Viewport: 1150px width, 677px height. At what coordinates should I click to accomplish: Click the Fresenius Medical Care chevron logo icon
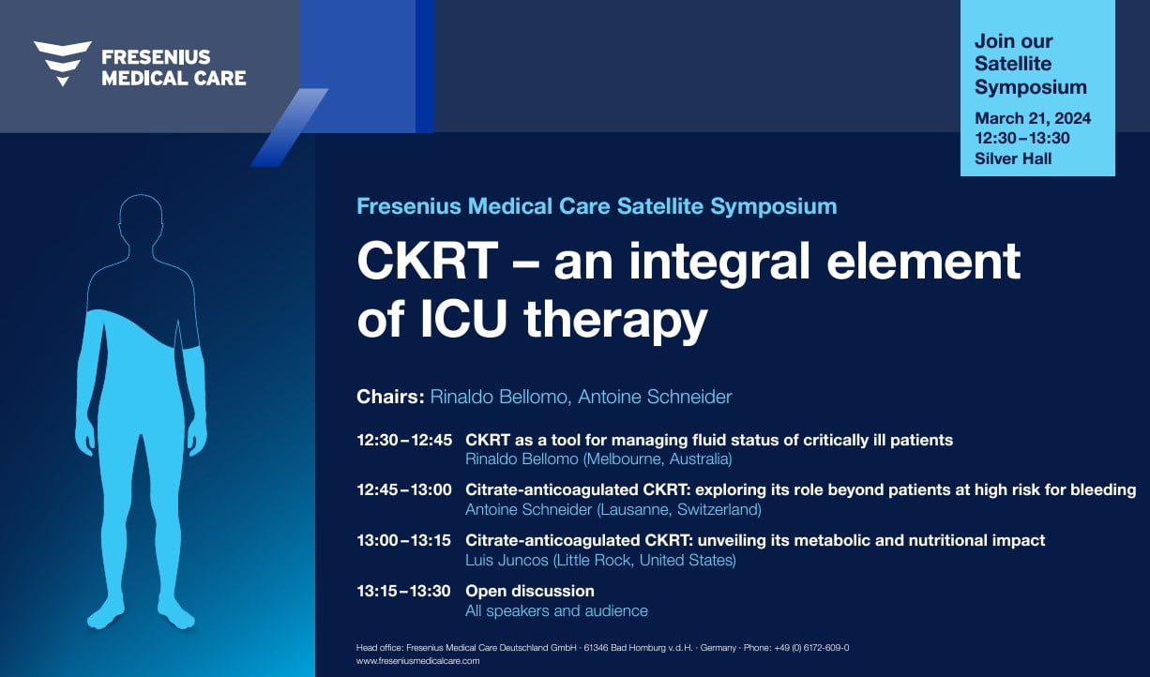click(63, 63)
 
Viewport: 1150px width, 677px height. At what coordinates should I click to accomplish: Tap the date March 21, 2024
click(1033, 118)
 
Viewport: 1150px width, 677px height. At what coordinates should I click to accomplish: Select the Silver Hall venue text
click(1013, 158)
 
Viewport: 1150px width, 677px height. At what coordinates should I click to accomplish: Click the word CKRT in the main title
click(427, 262)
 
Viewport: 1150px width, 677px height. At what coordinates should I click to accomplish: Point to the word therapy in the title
click(615, 322)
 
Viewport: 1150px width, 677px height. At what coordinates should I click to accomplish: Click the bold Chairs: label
click(390, 397)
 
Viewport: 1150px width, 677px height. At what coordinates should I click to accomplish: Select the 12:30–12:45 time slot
click(404, 440)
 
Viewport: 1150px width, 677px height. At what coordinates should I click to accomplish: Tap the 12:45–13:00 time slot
click(404, 490)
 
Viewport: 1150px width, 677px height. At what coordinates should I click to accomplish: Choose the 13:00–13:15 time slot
click(404, 540)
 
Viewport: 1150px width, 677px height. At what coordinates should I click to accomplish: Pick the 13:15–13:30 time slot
click(404, 592)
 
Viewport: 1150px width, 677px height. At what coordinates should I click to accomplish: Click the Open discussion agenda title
click(530, 592)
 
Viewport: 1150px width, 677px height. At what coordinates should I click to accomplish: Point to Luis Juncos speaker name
click(507, 560)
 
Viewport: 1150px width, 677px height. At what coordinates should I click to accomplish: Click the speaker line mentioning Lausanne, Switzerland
click(613, 510)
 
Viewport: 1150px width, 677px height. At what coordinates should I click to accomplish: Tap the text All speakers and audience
click(556, 610)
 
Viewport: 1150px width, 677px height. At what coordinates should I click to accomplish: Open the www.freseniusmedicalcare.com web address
click(418, 661)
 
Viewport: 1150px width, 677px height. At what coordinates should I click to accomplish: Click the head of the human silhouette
click(141, 218)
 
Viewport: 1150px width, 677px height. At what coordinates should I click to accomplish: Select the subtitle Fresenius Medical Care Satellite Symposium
click(597, 206)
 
